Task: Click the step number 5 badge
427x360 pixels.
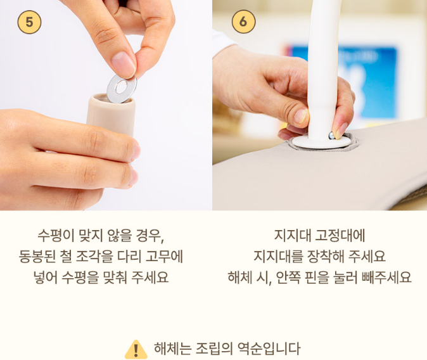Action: pyautogui.click(x=29, y=22)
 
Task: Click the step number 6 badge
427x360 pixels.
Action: pyautogui.click(x=244, y=22)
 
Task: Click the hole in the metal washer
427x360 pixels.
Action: pyautogui.click(x=121, y=87)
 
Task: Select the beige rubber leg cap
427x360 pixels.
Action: pyautogui.click(x=111, y=115)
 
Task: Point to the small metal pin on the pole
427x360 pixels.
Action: pyautogui.click(x=331, y=136)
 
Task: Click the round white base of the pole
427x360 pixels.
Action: pyautogui.click(x=321, y=142)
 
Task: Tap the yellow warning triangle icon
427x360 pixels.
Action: pyautogui.click(x=136, y=349)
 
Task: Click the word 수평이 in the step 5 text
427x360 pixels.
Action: pyautogui.click(x=56, y=236)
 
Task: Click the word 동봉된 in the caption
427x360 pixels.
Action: pyautogui.click(x=37, y=257)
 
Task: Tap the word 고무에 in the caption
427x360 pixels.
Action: pyautogui.click(x=164, y=257)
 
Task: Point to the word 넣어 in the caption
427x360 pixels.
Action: pyautogui.click(x=45, y=278)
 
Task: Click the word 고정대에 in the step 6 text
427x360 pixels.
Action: pyautogui.click(x=340, y=236)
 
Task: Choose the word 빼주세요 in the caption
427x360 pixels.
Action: pyautogui.click(x=386, y=278)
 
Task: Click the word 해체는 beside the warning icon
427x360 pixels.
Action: pyautogui.click(x=173, y=349)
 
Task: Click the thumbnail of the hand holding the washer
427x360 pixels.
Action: pyautogui.click(x=106, y=105)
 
